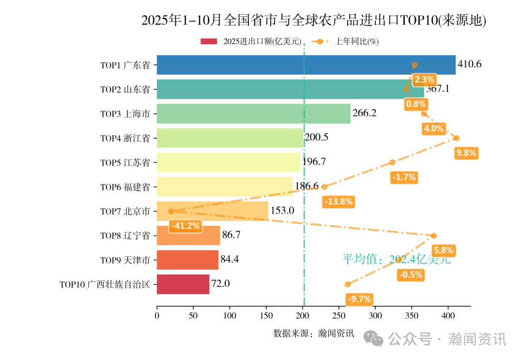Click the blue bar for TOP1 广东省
pos(291,65)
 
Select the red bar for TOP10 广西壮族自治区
pos(183,284)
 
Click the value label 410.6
pos(469,64)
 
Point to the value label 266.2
pos(364,113)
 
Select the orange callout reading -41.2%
pos(185,226)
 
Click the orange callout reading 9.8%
pos(466,153)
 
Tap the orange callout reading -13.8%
pos(338,202)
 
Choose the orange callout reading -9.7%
pos(359,299)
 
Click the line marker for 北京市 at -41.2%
pos(171,211)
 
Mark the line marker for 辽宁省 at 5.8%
pos(434,235)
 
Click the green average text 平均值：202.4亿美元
pos(396,259)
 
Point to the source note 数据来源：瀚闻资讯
pos(313,333)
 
